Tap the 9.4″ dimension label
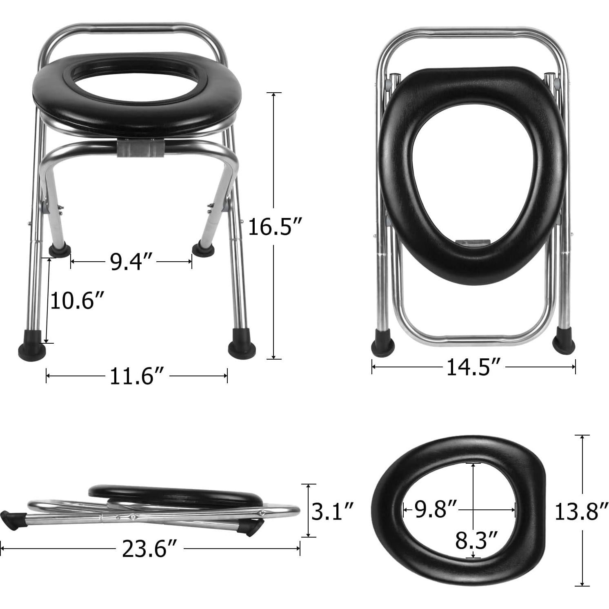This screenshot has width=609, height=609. coord(131,262)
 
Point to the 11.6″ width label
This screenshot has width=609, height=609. coord(137,376)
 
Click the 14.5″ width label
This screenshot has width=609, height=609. coord(473,367)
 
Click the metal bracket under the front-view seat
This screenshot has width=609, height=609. coord(141,149)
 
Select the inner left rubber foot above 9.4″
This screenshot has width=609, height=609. coord(60,249)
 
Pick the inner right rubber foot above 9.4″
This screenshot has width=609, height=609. coord(203,248)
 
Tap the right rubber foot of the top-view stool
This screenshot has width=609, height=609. coord(564,342)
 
